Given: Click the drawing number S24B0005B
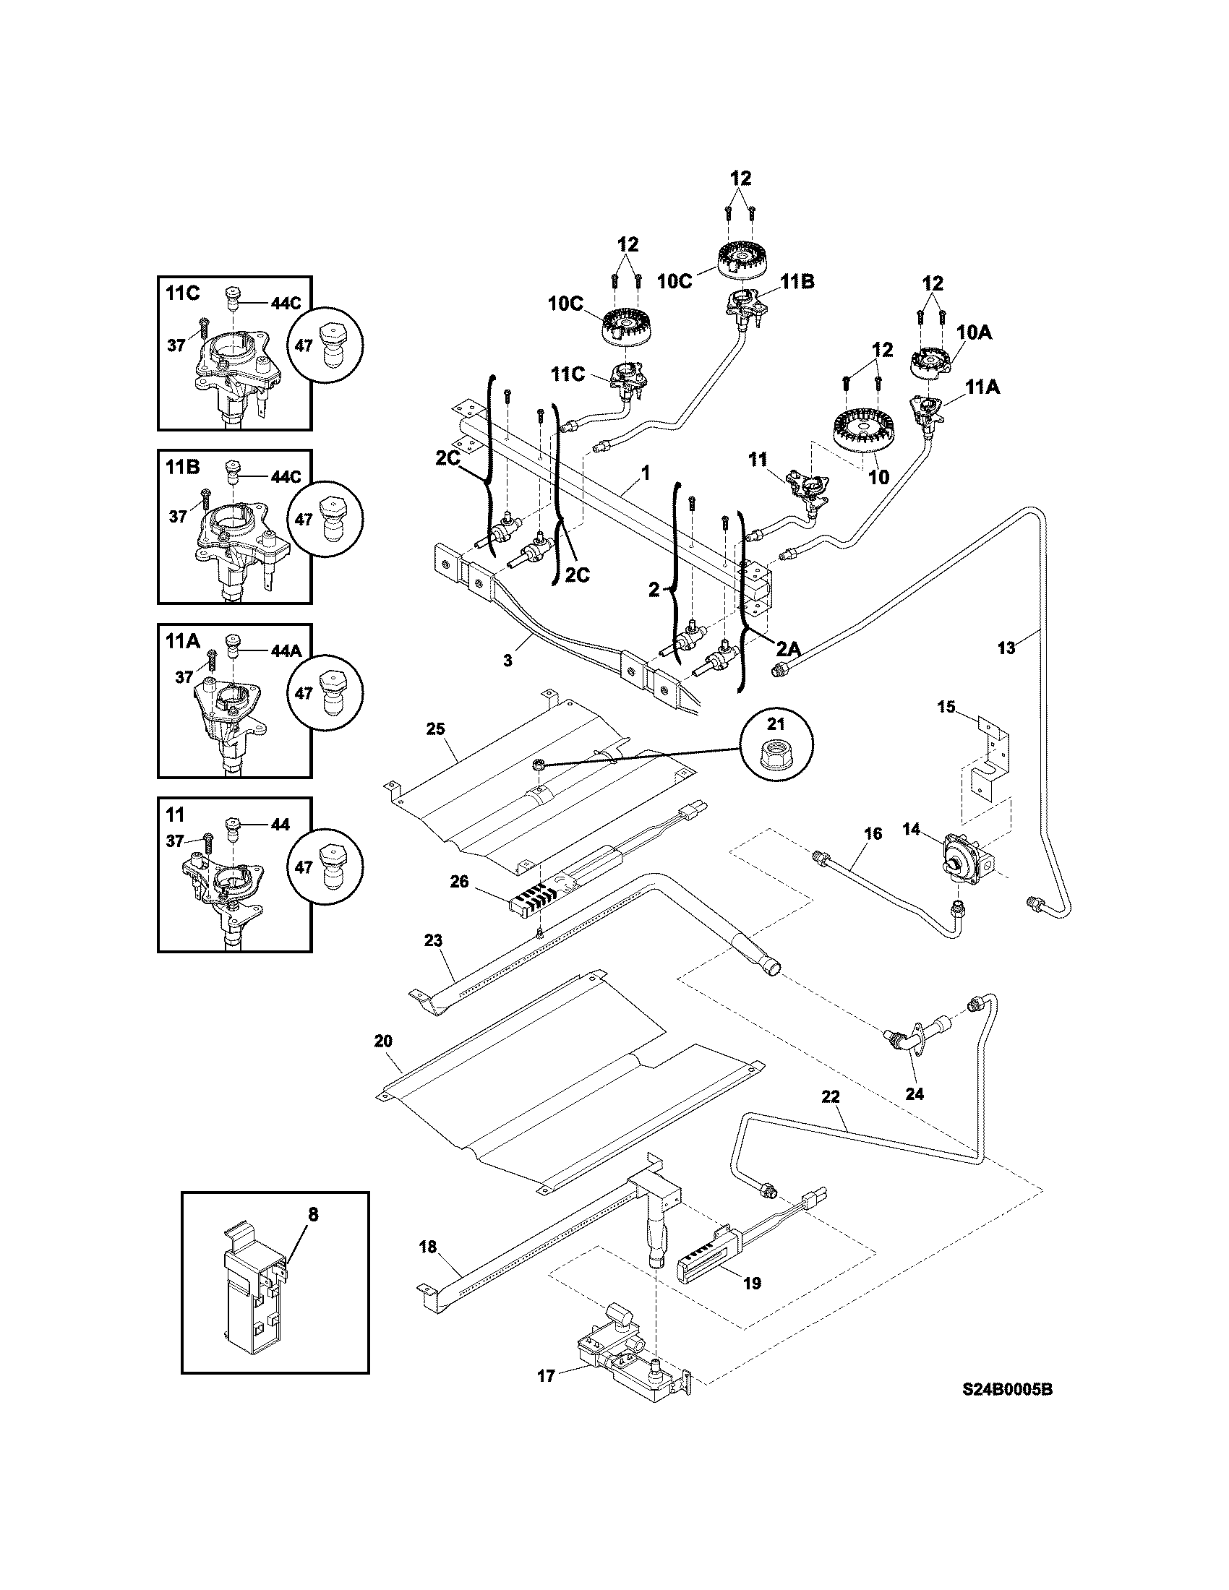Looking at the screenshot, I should (1007, 1410).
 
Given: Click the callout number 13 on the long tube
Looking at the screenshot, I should (1006, 648).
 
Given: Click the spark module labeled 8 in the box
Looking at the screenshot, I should (252, 1293).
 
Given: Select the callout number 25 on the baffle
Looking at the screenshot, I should (434, 729).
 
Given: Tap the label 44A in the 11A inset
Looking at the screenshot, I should (286, 651).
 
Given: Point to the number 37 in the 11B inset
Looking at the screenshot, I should (178, 516).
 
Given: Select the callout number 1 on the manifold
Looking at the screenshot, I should (645, 473).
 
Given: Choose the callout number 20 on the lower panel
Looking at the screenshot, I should (383, 1041).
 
